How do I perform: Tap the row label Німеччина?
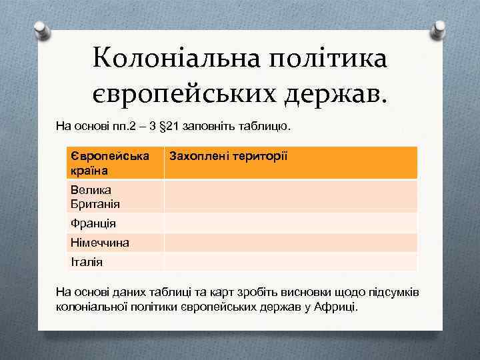(100, 243)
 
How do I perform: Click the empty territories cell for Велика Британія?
(290, 197)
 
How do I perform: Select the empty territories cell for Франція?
(290, 223)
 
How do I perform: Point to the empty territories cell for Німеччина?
(290, 243)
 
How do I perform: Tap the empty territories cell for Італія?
(290, 261)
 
